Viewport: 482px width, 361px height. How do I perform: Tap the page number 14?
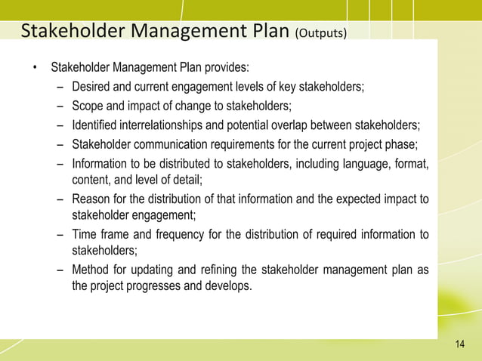460,345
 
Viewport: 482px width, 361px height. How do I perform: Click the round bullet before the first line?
34,73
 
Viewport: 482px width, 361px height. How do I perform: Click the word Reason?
90,199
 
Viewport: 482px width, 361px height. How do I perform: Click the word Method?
91,270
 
